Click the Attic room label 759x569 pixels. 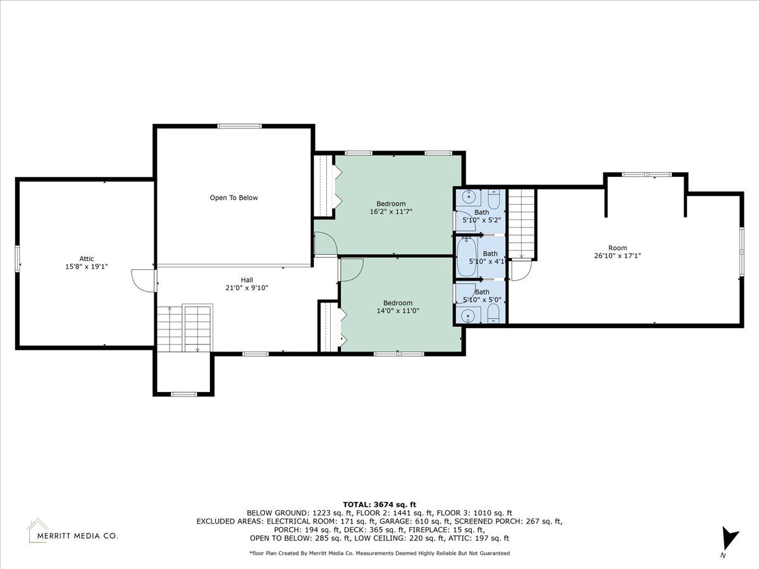point(87,259)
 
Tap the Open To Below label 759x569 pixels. point(234,198)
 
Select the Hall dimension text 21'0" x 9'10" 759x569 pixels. point(247,288)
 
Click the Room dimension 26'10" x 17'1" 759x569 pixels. point(617,255)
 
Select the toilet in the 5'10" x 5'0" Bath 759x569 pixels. point(494,314)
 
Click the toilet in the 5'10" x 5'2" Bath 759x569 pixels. point(494,199)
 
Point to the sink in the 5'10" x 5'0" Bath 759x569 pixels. point(469,315)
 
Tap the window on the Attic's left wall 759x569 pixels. point(17,259)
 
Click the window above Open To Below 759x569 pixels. point(240,126)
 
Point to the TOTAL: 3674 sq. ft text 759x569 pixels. point(379,505)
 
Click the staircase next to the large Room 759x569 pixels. point(521,224)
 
